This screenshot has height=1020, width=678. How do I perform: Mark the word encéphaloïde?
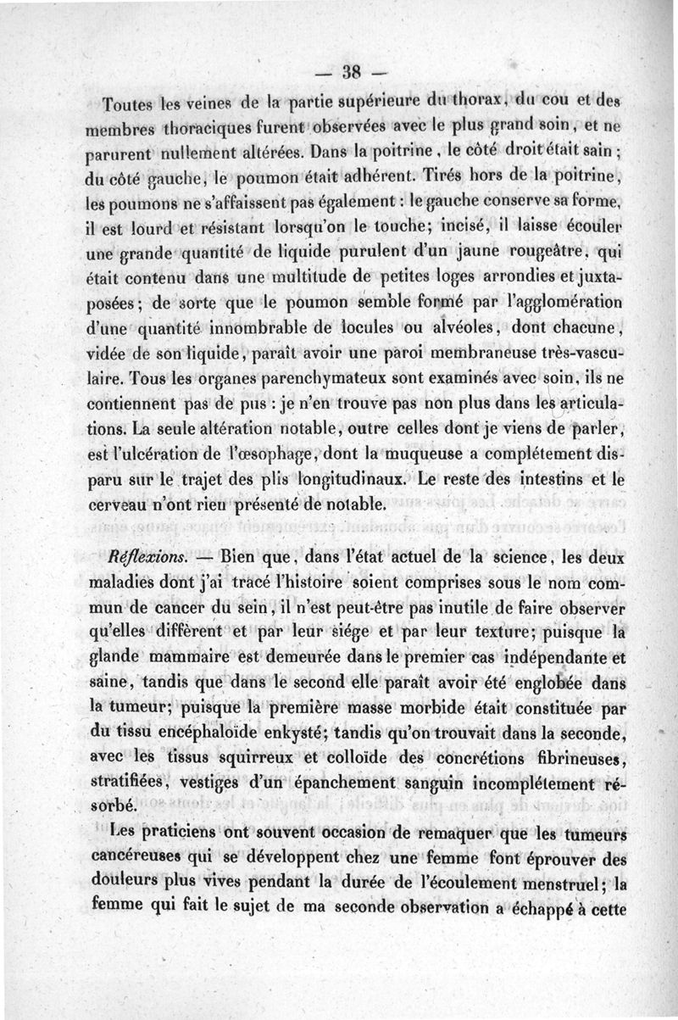(x=216, y=731)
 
